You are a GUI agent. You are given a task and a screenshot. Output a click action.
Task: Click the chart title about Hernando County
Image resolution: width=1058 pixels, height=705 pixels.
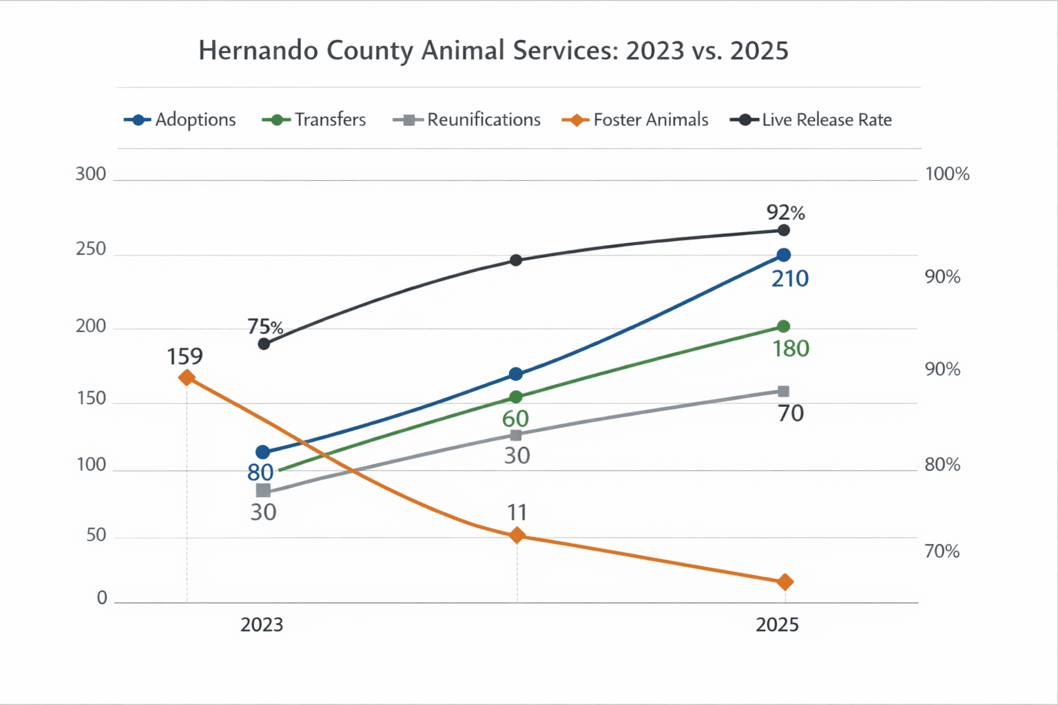pos(493,51)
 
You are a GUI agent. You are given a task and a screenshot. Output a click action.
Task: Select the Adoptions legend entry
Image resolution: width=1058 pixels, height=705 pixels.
pos(180,120)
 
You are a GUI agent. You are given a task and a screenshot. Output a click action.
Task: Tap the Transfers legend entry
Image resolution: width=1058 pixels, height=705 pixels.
pos(314,120)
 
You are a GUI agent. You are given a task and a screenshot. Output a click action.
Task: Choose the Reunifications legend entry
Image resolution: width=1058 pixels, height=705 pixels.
pos(467,120)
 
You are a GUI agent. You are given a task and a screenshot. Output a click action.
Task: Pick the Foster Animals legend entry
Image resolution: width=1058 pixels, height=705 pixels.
pos(635,120)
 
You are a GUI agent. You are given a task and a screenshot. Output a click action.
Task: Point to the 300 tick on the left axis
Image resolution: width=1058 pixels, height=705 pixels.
pos(91,174)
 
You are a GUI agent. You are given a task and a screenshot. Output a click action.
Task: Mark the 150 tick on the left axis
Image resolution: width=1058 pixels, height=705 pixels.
pos(91,399)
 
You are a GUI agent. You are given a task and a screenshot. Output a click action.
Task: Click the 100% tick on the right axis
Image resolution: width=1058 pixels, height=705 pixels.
pos(947,174)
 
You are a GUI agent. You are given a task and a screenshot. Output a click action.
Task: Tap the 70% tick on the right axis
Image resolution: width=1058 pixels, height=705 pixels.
pos(942,551)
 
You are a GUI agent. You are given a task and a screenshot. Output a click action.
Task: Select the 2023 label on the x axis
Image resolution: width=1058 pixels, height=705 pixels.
pos(262,625)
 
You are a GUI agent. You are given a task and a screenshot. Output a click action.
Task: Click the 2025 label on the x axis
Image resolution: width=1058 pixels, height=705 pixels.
pos(777,625)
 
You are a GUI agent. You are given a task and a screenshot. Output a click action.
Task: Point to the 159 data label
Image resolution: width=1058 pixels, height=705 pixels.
pos(185,357)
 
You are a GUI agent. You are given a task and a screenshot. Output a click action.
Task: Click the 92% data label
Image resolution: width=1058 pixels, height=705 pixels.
pos(786,212)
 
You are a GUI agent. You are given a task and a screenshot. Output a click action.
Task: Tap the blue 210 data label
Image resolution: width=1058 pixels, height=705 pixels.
pos(790,279)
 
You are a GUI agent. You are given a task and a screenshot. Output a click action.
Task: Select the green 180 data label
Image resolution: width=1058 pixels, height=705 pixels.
pos(791,349)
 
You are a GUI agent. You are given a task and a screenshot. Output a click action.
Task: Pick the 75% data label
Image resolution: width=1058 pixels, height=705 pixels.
pos(265,326)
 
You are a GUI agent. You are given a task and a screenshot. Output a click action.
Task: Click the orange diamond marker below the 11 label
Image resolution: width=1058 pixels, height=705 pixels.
pos(517,536)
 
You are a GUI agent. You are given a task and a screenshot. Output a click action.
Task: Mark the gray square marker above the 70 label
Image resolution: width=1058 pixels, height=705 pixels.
pos(783,391)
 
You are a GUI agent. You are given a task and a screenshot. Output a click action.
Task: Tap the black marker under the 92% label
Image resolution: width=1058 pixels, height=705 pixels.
pos(783,231)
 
